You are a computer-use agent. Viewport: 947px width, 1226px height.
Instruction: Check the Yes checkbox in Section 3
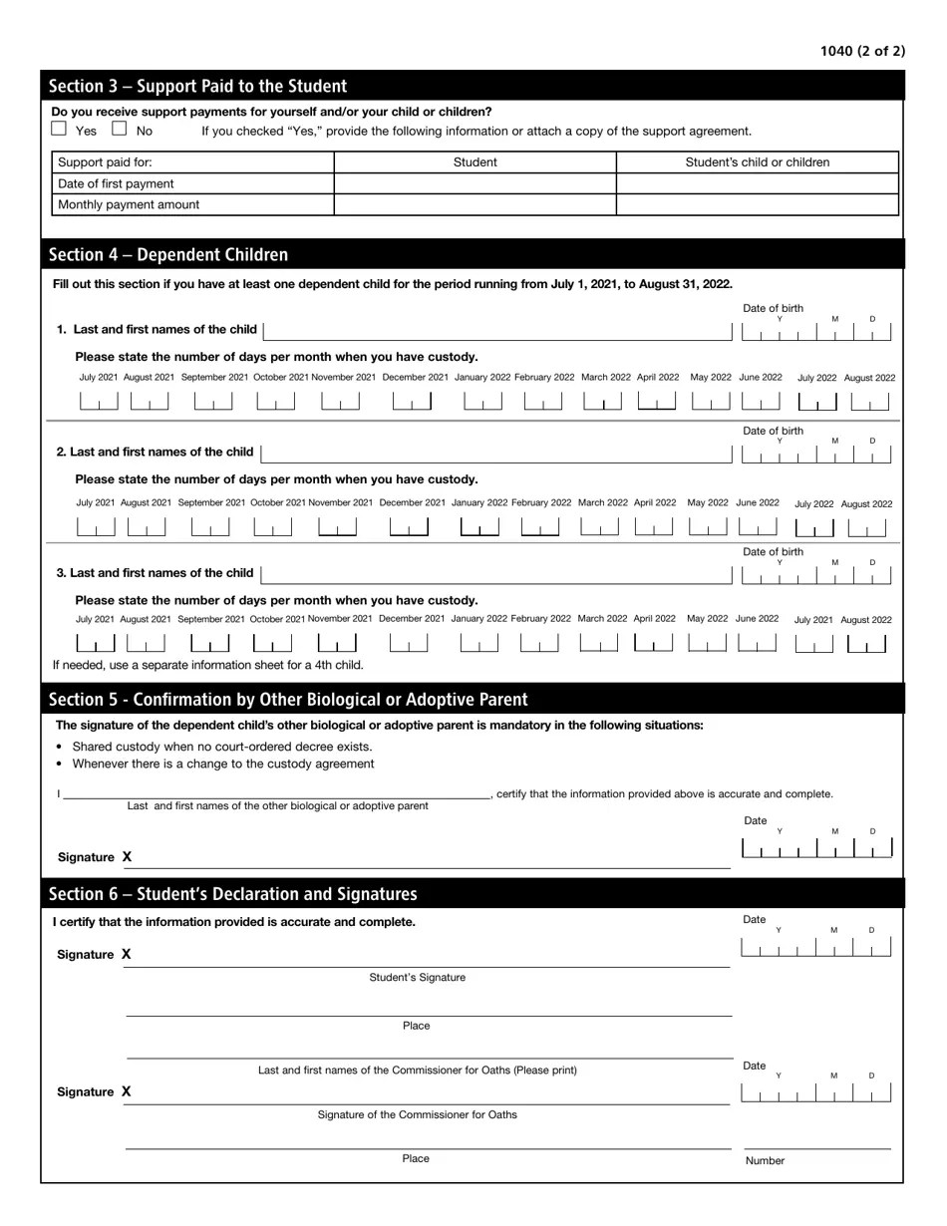click(x=59, y=129)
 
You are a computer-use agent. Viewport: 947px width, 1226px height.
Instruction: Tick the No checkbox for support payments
click(x=120, y=129)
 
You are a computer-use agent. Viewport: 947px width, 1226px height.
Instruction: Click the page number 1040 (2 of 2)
click(x=862, y=51)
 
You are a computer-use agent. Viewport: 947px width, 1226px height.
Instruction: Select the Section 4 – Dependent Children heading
click(x=168, y=255)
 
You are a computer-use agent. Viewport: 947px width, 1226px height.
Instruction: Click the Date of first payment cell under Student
click(x=474, y=183)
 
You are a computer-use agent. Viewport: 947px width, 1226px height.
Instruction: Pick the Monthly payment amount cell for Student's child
click(x=757, y=204)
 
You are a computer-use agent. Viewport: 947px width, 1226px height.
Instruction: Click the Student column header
click(x=474, y=162)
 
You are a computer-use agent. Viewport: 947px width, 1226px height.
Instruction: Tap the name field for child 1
click(x=497, y=330)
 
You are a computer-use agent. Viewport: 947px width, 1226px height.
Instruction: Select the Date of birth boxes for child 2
click(x=816, y=455)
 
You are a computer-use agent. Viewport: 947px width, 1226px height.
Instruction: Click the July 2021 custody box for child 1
click(x=98, y=401)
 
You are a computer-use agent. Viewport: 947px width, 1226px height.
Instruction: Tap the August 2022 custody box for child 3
click(x=865, y=644)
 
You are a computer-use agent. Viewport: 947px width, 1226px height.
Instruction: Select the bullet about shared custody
click(x=222, y=747)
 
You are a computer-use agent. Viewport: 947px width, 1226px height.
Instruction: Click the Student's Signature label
click(x=417, y=978)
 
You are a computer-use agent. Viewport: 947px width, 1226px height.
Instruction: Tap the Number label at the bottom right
click(x=765, y=1160)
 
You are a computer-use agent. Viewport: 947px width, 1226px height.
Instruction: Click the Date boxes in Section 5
click(x=816, y=849)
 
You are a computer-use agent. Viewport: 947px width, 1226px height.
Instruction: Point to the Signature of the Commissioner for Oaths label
click(x=417, y=1114)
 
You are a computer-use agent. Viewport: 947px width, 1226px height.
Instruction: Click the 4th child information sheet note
click(x=208, y=665)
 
